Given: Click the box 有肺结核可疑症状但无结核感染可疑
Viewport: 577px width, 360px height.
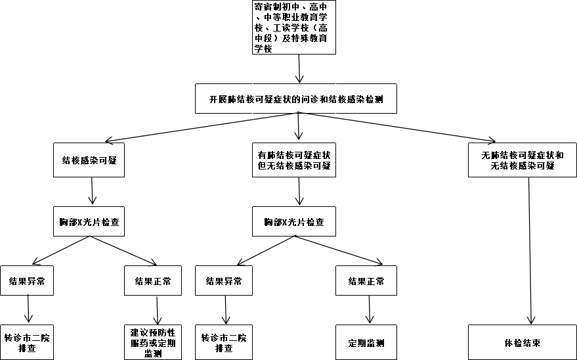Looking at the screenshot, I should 294,160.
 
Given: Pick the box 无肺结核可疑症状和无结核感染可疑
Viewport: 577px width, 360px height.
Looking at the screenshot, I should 522,160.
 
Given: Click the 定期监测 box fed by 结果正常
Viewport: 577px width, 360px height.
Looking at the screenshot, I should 366,342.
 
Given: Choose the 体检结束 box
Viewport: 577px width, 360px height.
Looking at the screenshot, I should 522,342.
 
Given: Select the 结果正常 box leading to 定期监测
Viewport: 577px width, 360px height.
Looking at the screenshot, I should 366,281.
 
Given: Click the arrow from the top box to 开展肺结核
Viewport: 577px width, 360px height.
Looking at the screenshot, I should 300,69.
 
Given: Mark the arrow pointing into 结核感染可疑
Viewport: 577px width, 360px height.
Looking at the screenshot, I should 197,127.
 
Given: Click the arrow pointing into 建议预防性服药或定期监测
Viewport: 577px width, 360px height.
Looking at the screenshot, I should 157,310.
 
